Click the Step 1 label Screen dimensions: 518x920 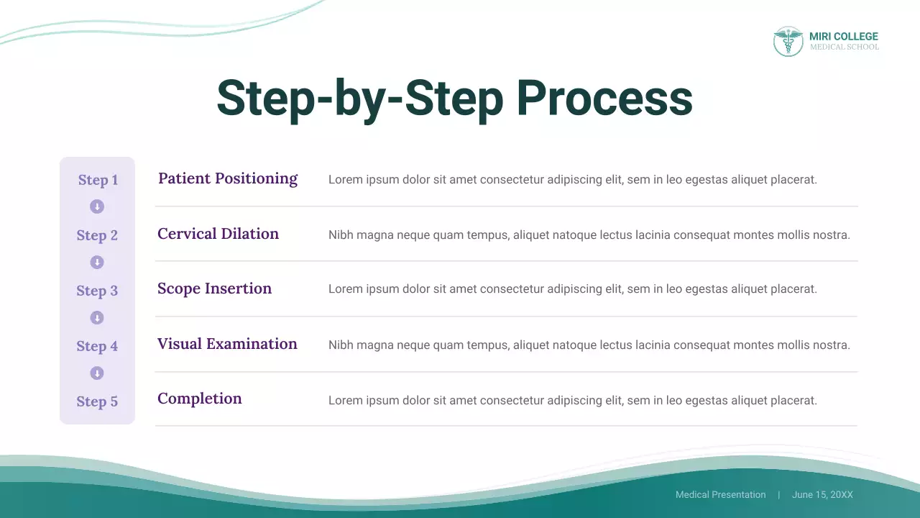click(98, 180)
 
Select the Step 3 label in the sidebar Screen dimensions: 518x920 click(97, 291)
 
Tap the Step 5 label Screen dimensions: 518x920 click(97, 401)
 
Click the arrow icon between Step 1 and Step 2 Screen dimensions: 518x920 click(97, 207)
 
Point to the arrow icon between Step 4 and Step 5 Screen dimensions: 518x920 click(97, 373)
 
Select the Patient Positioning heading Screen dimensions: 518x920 click(228, 178)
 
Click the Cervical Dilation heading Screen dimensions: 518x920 click(218, 234)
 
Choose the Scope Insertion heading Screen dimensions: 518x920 click(214, 288)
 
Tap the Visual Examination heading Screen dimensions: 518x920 click(227, 344)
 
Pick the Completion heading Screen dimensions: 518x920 click(199, 399)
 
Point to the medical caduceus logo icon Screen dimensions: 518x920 click(788, 42)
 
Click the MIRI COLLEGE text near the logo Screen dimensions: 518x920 click(843, 37)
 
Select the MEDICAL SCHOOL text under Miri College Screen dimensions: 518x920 click(844, 47)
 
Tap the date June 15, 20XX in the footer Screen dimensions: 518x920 click(822, 495)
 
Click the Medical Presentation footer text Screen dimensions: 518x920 click(720, 495)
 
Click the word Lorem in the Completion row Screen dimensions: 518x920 click(344, 400)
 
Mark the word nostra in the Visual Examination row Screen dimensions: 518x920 click(834, 345)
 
